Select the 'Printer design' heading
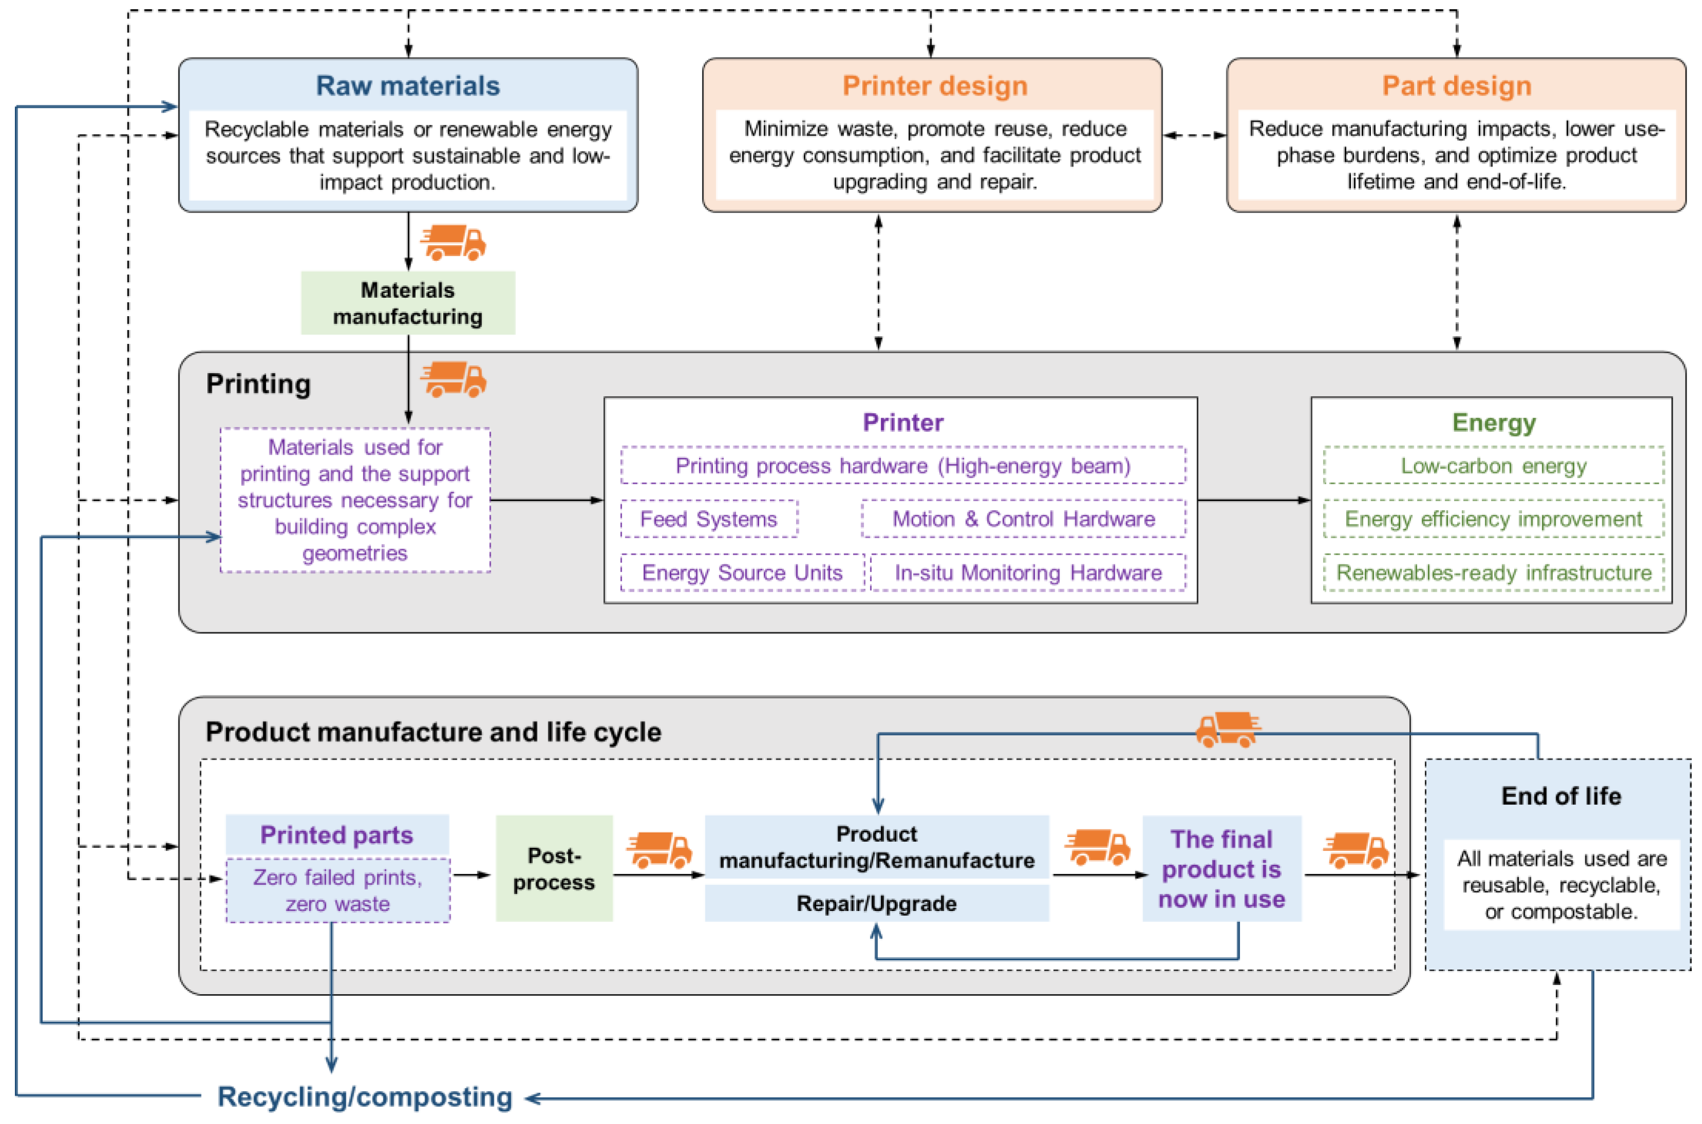point(934,86)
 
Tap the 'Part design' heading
point(1456,86)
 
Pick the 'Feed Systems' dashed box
point(708,519)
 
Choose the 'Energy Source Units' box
point(742,573)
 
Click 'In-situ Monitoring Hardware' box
point(1028,573)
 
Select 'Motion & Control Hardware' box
point(1023,519)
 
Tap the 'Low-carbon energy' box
point(1494,466)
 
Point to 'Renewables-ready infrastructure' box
point(1494,573)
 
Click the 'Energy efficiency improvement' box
point(1494,519)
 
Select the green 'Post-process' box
point(553,868)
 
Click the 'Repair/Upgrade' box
point(876,903)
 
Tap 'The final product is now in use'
point(1221,869)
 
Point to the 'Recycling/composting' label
point(365,1097)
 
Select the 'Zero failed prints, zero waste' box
point(338,890)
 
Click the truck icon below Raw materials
point(454,242)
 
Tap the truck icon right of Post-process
point(660,849)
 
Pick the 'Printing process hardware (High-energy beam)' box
point(903,466)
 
